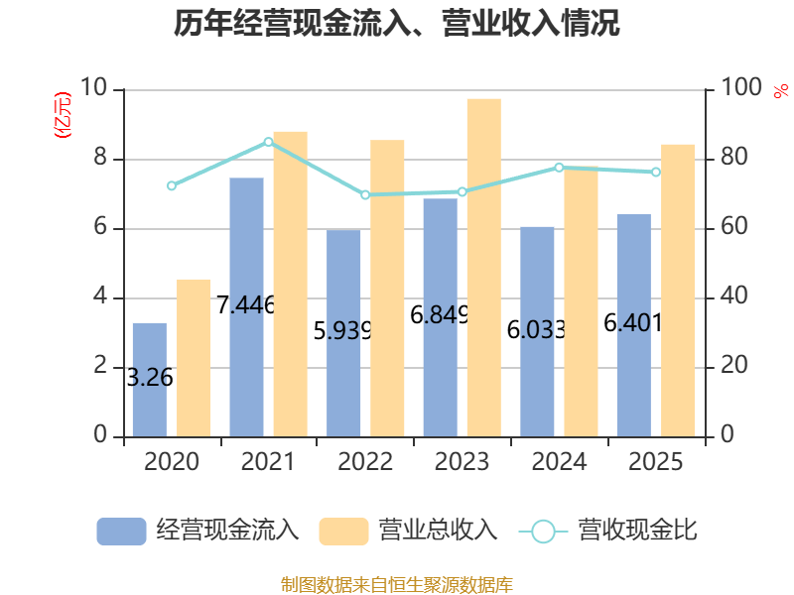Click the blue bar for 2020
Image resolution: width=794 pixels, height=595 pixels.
pyautogui.click(x=150, y=380)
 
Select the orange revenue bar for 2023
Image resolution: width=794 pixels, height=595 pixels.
pyautogui.click(x=484, y=268)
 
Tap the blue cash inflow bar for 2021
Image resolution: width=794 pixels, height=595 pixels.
pyautogui.click(x=246, y=307)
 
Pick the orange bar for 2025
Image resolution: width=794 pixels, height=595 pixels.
pyautogui.click(x=678, y=291)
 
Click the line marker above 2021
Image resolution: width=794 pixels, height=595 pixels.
pyautogui.click(x=268, y=142)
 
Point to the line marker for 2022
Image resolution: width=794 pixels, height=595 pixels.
pyautogui.click(x=365, y=194)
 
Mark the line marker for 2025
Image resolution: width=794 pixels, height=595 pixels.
pyautogui.click(x=656, y=172)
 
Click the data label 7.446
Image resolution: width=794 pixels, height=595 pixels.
pyautogui.click(x=245, y=304)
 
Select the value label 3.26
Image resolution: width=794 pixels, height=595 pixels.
pyautogui.click(x=150, y=378)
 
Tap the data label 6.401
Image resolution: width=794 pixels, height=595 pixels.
pyautogui.click(x=633, y=323)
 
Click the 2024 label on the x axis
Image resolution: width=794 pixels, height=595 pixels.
pyautogui.click(x=559, y=461)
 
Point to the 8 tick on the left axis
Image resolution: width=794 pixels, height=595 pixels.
pyautogui.click(x=100, y=157)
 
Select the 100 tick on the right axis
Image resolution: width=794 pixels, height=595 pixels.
pyautogui.click(x=740, y=87)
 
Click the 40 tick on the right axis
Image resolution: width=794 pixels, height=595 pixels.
pyautogui.click(x=733, y=296)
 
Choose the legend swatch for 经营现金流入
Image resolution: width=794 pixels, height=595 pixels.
pyautogui.click(x=121, y=532)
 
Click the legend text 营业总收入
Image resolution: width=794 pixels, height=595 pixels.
pyautogui.click(x=439, y=531)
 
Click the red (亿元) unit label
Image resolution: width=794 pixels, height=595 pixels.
pyautogui.click(x=63, y=115)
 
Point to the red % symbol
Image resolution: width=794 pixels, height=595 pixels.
pyautogui.click(x=781, y=91)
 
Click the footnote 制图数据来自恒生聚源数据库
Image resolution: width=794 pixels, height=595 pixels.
pyautogui.click(x=397, y=585)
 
